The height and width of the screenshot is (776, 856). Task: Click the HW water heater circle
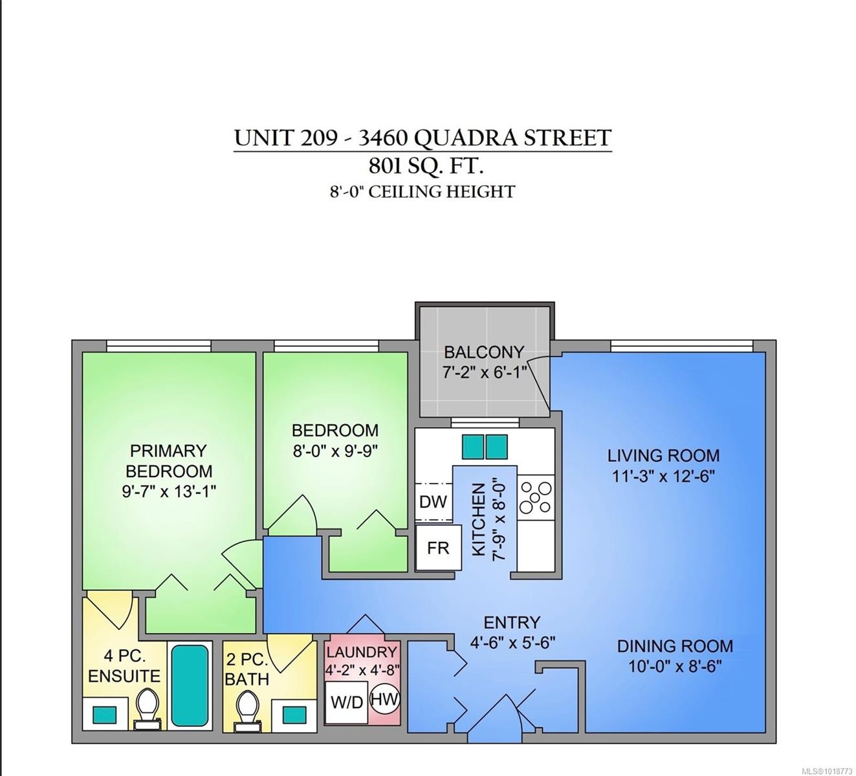point(386,699)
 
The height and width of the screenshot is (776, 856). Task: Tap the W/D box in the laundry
point(347,702)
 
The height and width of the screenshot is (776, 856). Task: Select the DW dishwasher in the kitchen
point(433,501)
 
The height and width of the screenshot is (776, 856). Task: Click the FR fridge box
point(438,547)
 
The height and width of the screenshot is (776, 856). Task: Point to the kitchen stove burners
point(536,496)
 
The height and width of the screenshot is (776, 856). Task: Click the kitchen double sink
point(485,447)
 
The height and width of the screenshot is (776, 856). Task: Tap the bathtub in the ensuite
point(190,685)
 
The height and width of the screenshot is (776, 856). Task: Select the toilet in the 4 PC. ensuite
point(148,707)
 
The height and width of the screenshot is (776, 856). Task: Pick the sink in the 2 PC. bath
point(294,713)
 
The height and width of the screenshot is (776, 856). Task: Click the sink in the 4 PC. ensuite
point(105,715)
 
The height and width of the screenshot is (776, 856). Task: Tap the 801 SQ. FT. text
point(425,166)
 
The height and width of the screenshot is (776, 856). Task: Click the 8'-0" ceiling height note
point(422,191)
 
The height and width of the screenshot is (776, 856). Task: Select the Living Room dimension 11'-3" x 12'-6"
point(663,477)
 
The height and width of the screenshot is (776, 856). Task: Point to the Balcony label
point(483,352)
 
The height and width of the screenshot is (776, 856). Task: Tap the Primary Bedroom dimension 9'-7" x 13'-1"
point(169,491)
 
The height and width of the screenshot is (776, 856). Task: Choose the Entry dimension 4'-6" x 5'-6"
point(512,643)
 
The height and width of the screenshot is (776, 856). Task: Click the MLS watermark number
point(826,770)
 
